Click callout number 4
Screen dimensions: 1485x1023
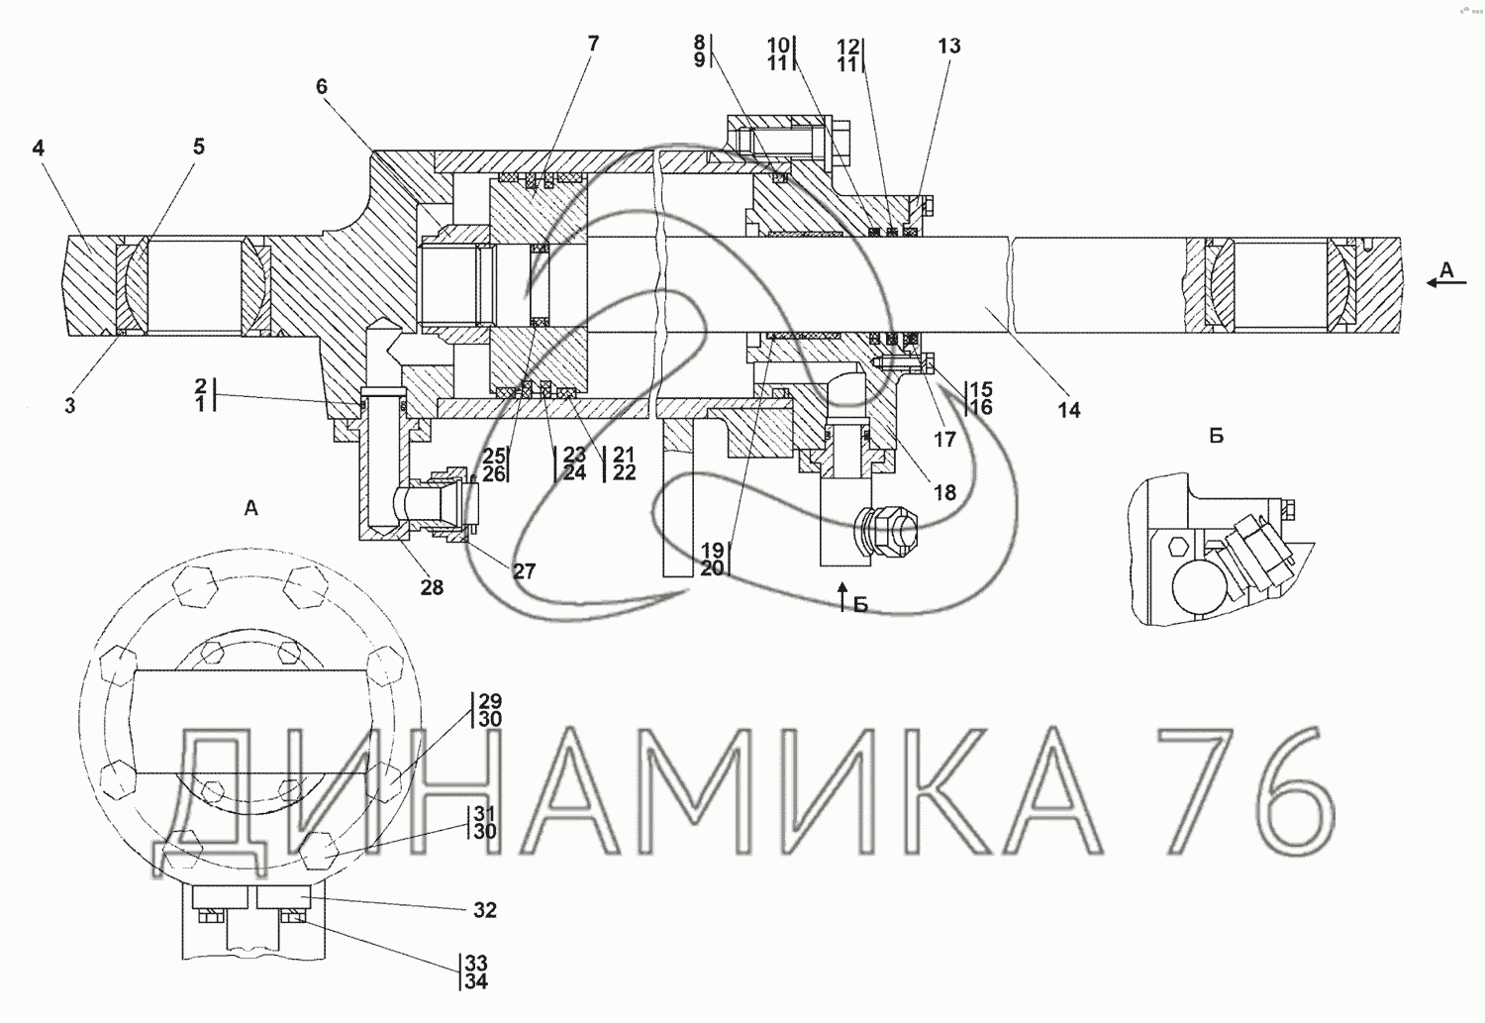point(39,148)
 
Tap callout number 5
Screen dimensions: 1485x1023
point(199,147)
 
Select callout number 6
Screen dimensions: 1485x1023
point(322,86)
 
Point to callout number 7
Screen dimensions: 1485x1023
point(593,44)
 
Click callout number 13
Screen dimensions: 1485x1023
point(949,46)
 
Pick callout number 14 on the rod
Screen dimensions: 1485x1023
point(1069,410)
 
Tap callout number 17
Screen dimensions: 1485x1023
point(944,439)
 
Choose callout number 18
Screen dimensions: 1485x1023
point(944,492)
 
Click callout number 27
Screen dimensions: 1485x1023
point(524,570)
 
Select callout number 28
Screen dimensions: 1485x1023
point(432,586)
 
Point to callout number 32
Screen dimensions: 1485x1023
point(485,910)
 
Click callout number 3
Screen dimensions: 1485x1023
point(70,405)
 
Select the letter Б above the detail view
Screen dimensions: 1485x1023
point(1216,436)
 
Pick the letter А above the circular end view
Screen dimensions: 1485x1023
point(250,508)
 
